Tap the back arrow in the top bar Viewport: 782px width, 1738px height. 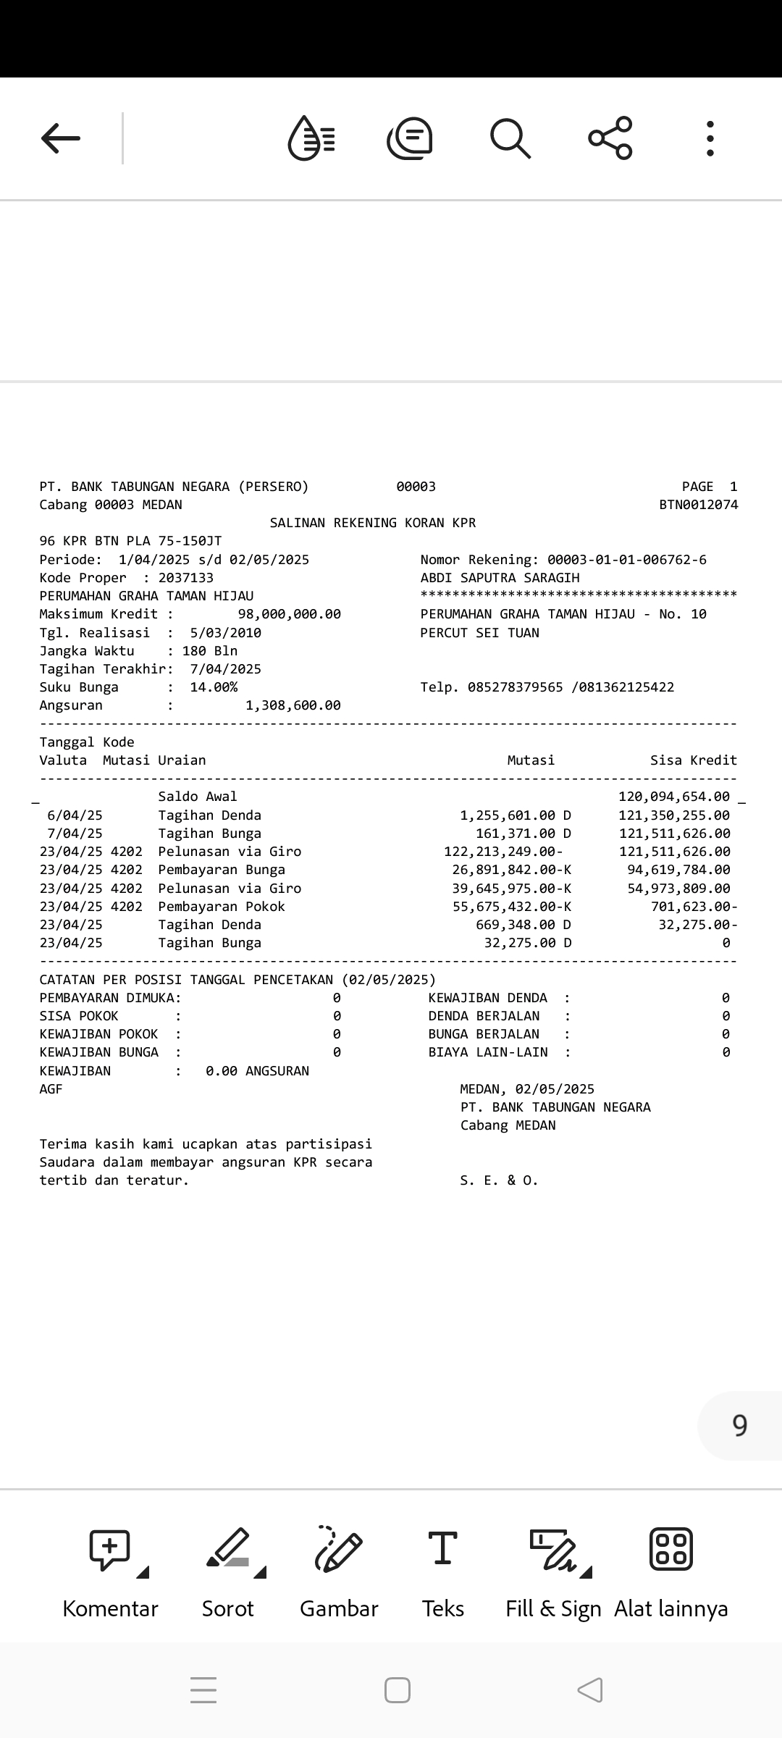61,138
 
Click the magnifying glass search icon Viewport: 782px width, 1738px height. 510,138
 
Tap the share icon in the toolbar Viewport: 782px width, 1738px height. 610,138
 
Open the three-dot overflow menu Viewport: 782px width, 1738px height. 710,138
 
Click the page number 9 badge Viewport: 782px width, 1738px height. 739,1425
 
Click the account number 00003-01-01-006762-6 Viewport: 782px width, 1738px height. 627,560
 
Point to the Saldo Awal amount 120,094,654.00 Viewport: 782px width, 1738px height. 674,797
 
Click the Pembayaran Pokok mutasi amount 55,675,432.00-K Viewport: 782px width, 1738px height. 512,907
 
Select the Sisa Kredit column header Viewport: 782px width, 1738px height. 694,760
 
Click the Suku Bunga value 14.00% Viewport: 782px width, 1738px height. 214,687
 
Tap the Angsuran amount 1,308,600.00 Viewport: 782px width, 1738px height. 293,705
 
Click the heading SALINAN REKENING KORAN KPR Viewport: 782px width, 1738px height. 373,523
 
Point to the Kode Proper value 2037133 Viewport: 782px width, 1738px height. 186,578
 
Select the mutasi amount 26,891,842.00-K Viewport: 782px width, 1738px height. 512,870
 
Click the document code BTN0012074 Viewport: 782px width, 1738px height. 699,505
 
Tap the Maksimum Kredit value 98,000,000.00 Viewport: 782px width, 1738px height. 290,614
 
